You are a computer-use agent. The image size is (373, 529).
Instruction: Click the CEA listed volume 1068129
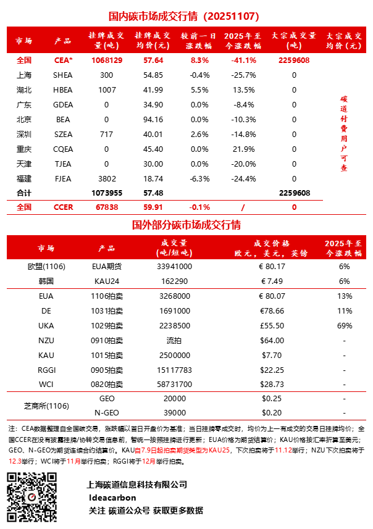coord(107,60)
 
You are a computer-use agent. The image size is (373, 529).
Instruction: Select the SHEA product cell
coord(63,75)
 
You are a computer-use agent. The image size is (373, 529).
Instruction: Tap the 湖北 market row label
coord(24,90)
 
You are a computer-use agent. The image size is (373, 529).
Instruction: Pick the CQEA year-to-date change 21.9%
coord(246,149)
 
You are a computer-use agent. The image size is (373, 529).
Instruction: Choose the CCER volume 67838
coord(107,207)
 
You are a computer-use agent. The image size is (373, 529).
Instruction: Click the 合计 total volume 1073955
coord(107,193)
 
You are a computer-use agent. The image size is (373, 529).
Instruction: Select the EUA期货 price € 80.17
coord(272,267)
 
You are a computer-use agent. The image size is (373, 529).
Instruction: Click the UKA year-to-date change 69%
coord(344,325)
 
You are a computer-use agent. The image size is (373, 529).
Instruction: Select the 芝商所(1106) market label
coord(46,406)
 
